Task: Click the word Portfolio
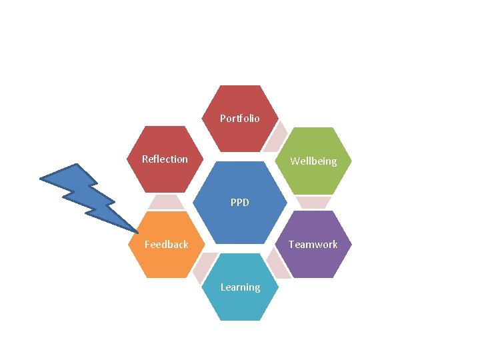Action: click(240, 119)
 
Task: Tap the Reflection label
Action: click(165, 159)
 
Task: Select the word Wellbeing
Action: click(313, 161)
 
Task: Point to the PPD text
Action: click(239, 202)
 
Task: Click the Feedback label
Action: click(167, 245)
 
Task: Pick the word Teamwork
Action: click(313, 245)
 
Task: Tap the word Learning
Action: click(240, 287)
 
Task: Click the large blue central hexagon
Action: click(240, 217)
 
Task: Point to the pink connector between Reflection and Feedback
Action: click(165, 202)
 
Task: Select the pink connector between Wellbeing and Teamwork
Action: click(313, 202)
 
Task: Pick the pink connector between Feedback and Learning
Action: click(203, 267)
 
